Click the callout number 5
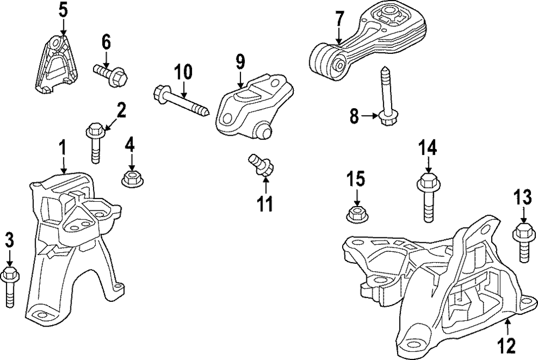[63, 10]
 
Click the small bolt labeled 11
[259, 165]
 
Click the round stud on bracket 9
[263, 131]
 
